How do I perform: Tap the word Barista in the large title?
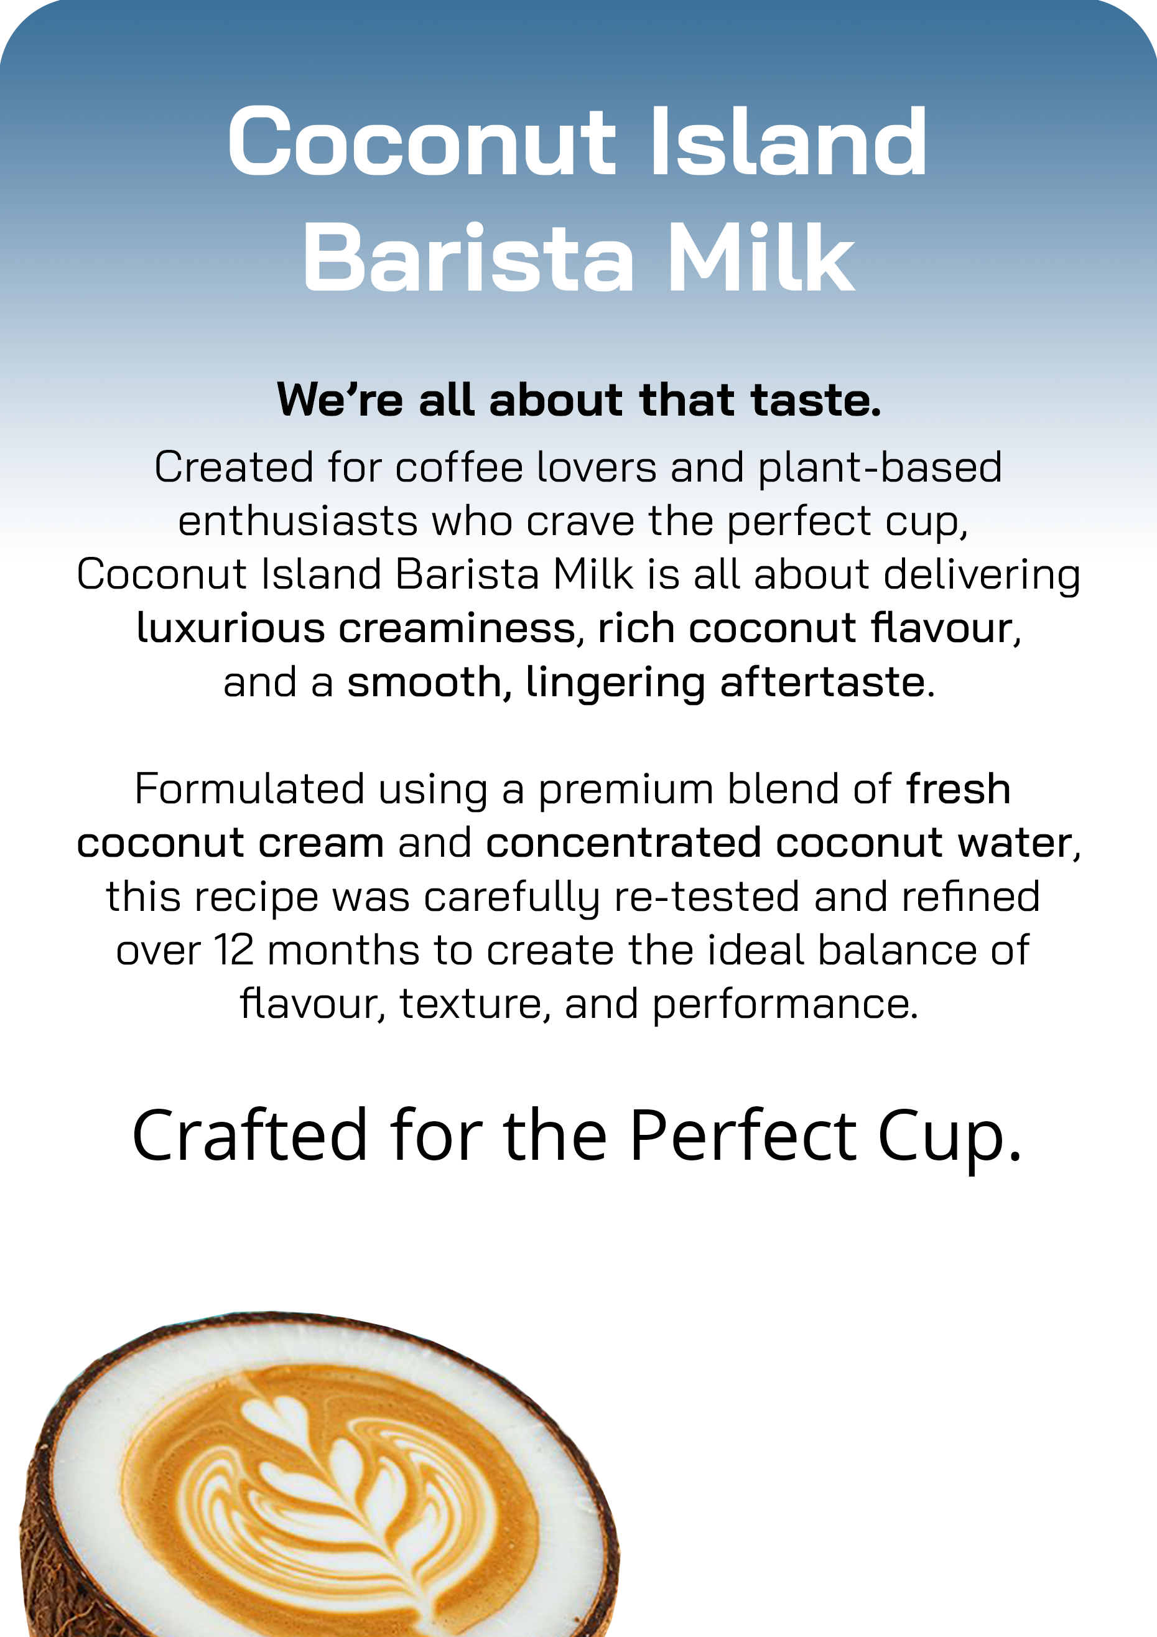[468, 257]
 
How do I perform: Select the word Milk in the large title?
[761, 257]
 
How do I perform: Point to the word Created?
[234, 467]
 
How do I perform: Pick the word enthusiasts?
[297, 521]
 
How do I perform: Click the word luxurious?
[230, 628]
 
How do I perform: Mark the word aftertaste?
[827, 683]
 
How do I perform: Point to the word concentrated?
[623, 842]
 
